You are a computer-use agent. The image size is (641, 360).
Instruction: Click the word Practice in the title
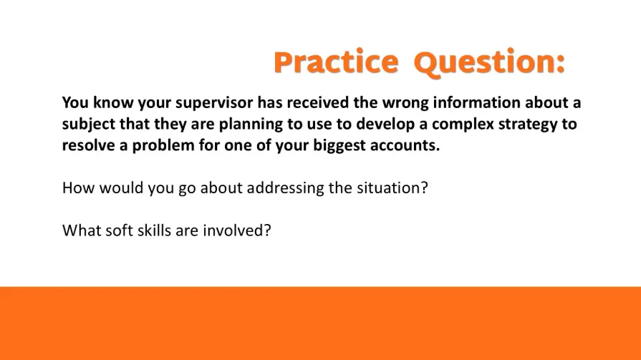click(336, 62)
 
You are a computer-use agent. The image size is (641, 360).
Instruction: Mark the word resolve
click(88, 145)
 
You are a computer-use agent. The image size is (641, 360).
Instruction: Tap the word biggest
click(339, 145)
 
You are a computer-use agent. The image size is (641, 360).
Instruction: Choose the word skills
click(154, 230)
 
